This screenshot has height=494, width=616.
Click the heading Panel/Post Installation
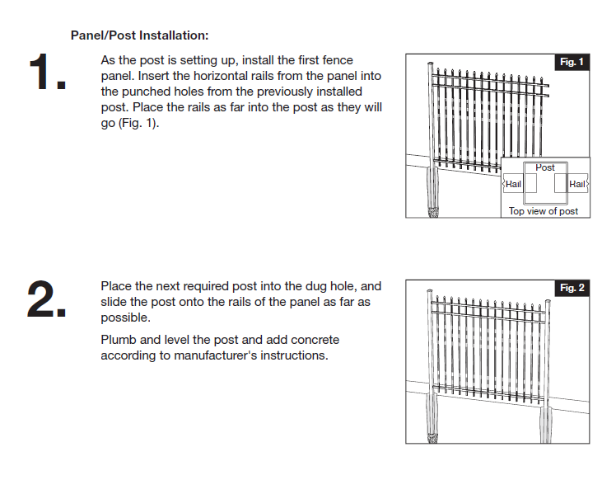pyautogui.click(x=139, y=35)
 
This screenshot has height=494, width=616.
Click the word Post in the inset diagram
pyautogui.click(x=545, y=167)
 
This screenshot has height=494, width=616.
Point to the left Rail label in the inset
pyautogui.click(x=513, y=184)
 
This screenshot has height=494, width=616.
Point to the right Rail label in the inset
pyautogui.click(x=577, y=184)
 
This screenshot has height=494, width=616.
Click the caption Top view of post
pyautogui.click(x=544, y=211)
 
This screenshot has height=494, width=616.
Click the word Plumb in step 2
pyautogui.click(x=117, y=340)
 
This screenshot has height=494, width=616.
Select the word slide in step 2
pyautogui.click(x=114, y=302)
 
